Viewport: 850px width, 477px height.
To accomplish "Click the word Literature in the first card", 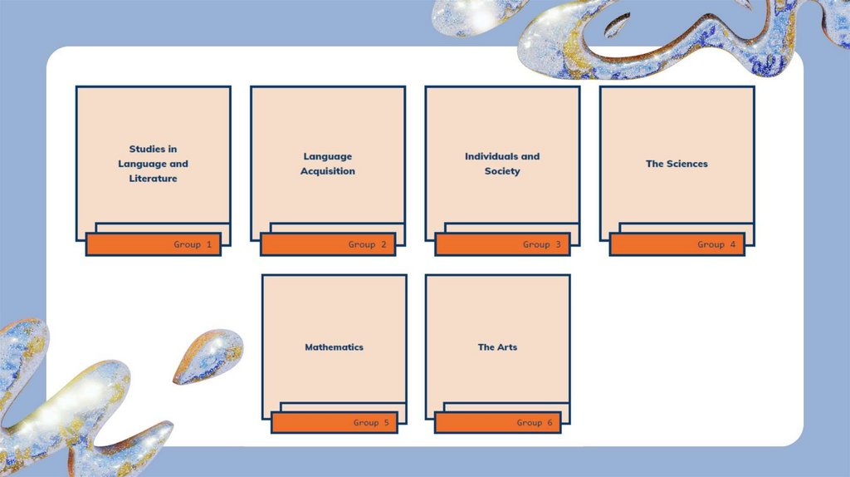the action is [153, 178].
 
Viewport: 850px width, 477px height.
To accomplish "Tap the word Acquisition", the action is [328, 171].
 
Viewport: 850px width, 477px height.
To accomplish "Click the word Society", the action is [502, 171].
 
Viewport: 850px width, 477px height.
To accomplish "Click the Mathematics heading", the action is [334, 347].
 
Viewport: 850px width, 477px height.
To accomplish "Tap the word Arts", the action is [506, 347].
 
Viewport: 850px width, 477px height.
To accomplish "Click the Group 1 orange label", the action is [154, 244].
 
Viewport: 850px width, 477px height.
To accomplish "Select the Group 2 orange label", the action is [328, 244].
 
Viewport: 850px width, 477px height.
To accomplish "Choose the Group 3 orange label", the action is [502, 244].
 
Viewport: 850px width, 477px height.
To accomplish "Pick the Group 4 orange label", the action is [677, 244].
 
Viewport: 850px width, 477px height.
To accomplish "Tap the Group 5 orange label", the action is [335, 422].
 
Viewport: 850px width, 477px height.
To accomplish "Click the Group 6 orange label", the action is [498, 422].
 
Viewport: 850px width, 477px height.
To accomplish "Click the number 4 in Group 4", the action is [732, 244].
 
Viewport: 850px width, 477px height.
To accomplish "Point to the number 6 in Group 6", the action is [550, 422].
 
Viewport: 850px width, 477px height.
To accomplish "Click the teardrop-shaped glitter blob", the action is [208, 356].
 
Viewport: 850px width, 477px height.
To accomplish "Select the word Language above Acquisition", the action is [327, 157].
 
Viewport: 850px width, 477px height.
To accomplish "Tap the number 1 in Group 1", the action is [208, 244].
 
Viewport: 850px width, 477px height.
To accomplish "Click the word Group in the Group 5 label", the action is [366, 423].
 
